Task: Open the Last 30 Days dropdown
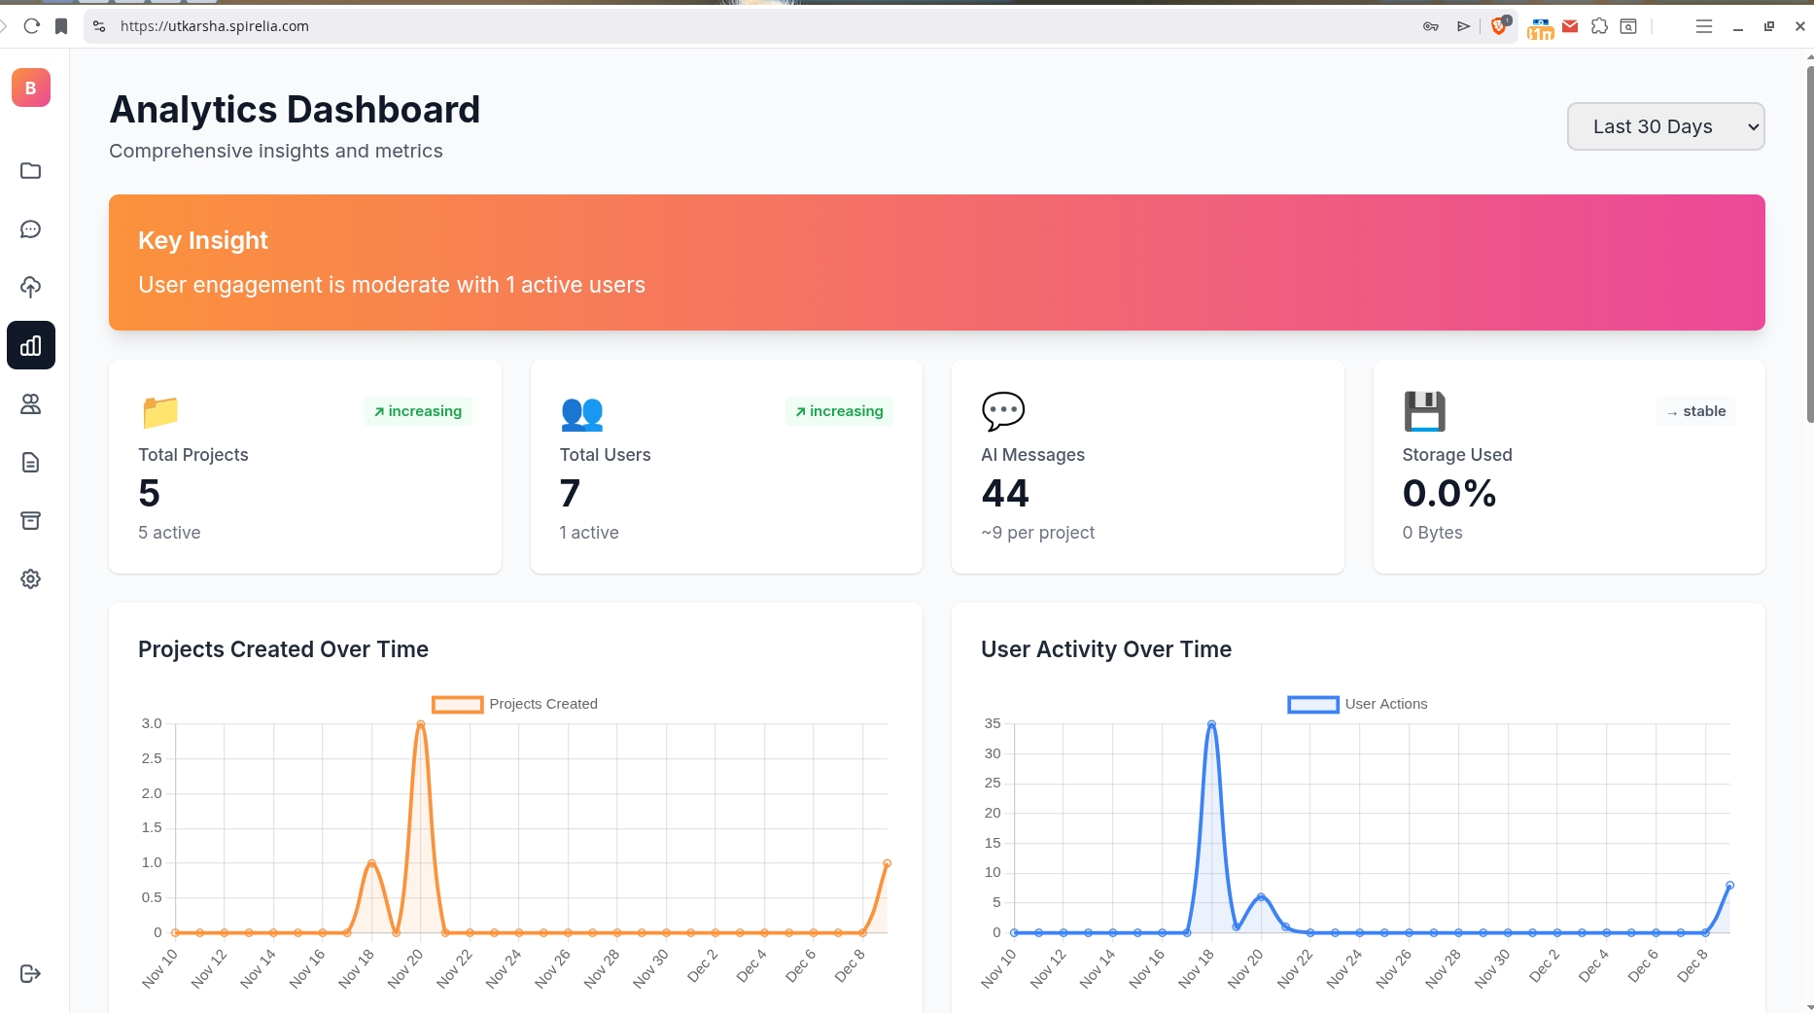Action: [1665, 126]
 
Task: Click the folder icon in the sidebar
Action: [31, 171]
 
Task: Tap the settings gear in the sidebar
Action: [31, 579]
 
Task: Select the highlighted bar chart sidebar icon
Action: [31, 345]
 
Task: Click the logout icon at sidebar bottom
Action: [31, 973]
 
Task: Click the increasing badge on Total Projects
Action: [418, 411]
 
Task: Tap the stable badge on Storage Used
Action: [1696, 411]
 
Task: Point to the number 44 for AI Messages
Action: [1005, 493]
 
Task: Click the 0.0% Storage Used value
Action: [1449, 493]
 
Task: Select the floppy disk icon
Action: [1424, 411]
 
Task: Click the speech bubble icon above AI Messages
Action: [1003, 411]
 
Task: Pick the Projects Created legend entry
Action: [515, 704]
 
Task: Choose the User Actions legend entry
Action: [1358, 704]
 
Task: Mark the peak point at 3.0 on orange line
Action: [421, 724]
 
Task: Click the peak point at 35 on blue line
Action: [1211, 724]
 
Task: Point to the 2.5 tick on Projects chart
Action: [152, 758]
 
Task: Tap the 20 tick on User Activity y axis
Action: [993, 813]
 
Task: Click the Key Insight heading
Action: [203, 240]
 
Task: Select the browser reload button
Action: [32, 26]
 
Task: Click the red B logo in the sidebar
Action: [31, 87]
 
